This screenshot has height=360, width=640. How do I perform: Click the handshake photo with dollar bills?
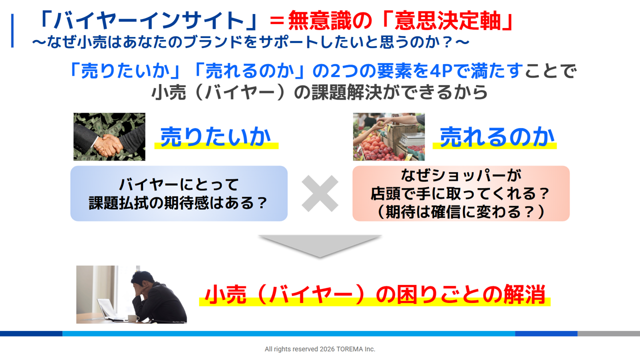tap(109, 136)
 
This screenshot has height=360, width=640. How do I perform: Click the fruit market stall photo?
tap(388, 136)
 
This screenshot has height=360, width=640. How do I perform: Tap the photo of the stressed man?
tap(131, 294)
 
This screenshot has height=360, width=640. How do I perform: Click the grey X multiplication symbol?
tap(320, 193)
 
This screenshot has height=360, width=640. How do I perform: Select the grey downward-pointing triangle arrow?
tap(320, 245)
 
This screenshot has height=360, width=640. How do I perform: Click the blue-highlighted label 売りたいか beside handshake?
tap(216, 137)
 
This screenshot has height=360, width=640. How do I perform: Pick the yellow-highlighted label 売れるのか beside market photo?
tap(496, 137)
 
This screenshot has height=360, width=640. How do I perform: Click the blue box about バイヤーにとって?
tap(179, 193)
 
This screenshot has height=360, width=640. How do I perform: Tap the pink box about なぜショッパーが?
tap(461, 193)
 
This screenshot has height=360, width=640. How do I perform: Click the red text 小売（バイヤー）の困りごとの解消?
tap(375, 294)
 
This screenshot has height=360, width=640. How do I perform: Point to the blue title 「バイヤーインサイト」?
tap(148, 20)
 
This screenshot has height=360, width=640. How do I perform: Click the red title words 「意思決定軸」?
tap(448, 20)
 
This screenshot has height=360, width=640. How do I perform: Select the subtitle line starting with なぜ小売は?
tap(251, 42)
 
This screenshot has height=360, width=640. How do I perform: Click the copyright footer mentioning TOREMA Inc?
tap(320, 349)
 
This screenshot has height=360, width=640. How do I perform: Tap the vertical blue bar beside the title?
tap(12, 31)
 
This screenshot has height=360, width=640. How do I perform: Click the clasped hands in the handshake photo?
tap(107, 145)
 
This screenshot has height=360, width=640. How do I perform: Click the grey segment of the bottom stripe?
tap(608, 333)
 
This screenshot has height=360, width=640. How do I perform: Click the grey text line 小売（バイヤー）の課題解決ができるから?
tap(319, 92)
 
